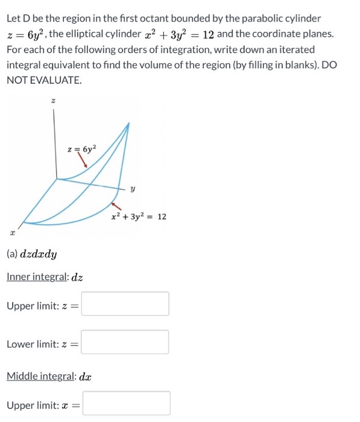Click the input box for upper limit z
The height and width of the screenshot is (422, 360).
[125, 304]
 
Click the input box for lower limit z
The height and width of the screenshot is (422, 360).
[125, 342]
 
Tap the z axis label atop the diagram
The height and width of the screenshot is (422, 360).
[54, 102]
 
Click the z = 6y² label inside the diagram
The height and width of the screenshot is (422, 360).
[83, 146]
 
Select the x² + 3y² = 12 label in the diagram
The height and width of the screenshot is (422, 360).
[139, 216]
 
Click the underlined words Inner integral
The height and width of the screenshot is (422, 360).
[37, 277]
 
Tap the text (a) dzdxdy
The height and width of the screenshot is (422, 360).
[31, 254]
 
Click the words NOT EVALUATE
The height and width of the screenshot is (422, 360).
[43, 80]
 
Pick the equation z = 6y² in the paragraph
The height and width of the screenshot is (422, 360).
[27, 34]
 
